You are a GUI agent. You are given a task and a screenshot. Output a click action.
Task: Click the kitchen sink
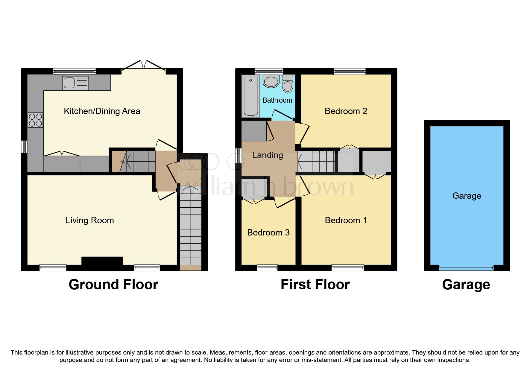pyautogui.click(x=75, y=83)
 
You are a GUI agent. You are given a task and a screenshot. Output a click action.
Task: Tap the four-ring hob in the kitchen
pyautogui.click(x=35, y=120)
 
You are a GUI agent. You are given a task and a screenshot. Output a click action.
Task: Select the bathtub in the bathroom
pyautogui.click(x=250, y=96)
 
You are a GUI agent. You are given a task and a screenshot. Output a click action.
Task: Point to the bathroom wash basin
pyautogui.click(x=271, y=81)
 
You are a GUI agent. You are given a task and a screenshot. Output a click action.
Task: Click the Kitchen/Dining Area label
pyautogui.click(x=102, y=111)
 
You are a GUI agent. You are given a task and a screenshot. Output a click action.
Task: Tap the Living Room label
pyautogui.click(x=89, y=221)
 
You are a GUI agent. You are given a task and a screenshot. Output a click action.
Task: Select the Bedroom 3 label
pyautogui.click(x=268, y=233)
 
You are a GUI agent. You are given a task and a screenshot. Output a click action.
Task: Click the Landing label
pyautogui.click(x=267, y=155)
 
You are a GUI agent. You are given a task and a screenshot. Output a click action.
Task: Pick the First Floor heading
pyautogui.click(x=315, y=285)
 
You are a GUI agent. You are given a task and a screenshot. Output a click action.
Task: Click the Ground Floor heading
pyautogui.click(x=113, y=285)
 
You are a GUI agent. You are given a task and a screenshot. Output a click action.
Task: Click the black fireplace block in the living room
pyautogui.click(x=102, y=261)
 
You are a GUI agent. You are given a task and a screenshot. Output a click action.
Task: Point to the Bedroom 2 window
pyautogui.click(x=349, y=72)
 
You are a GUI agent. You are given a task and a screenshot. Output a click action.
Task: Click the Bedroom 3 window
pyautogui.click(x=267, y=267)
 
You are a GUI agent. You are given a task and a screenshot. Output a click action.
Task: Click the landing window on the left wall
pyautogui.click(x=239, y=156)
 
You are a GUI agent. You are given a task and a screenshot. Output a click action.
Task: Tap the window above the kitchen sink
pyautogui.click(x=74, y=71)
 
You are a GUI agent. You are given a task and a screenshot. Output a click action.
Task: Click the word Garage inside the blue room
pyautogui.click(x=467, y=196)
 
